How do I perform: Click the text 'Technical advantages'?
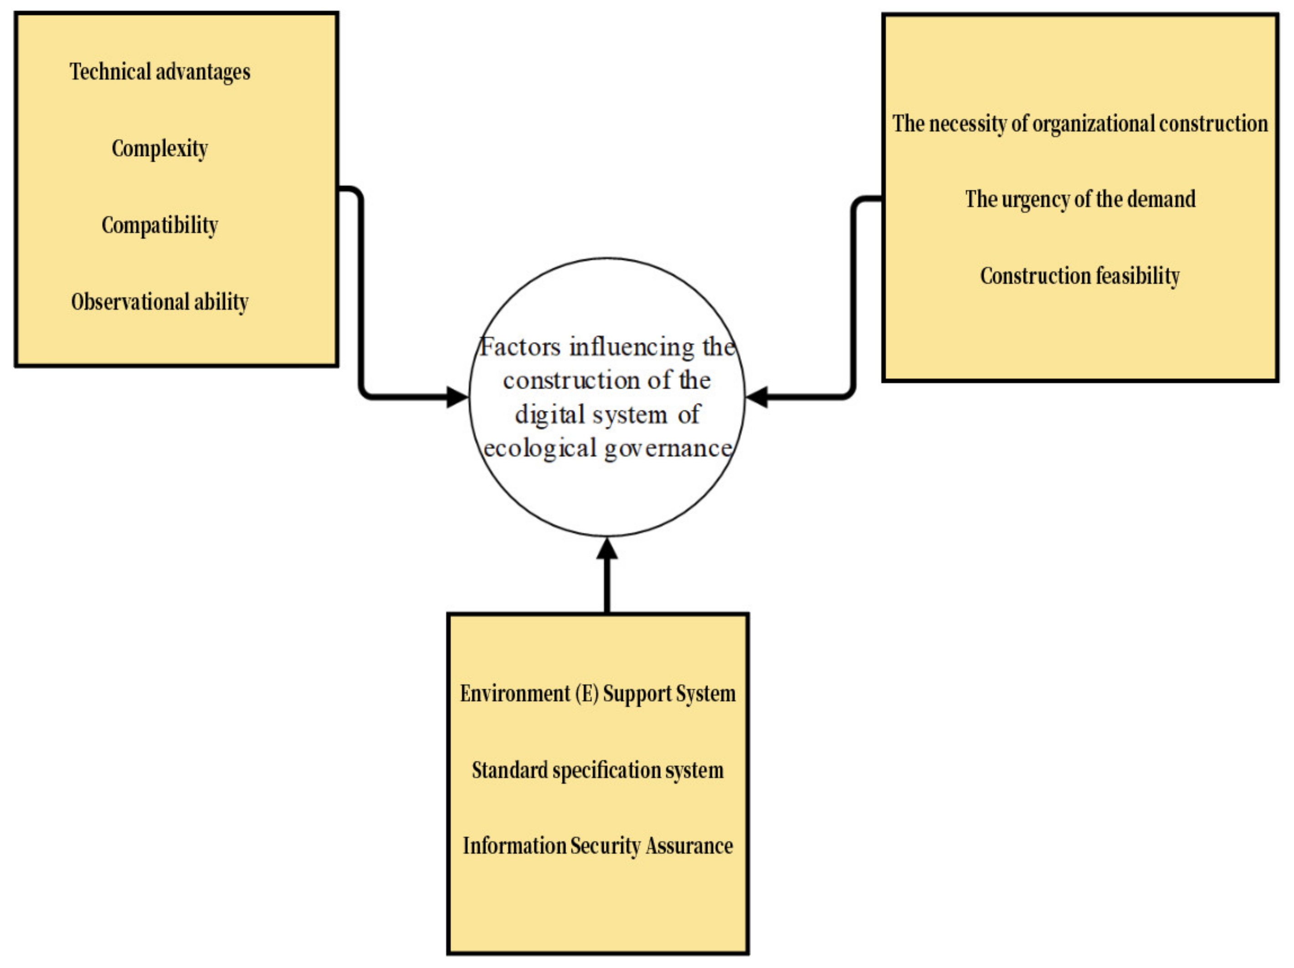click(160, 72)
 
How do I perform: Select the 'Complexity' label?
click(160, 148)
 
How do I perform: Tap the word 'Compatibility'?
click(160, 225)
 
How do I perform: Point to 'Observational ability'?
click(160, 301)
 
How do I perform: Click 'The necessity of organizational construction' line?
click(1080, 124)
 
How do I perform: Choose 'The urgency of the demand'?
click(1080, 199)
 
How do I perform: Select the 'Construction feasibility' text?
click(1080, 276)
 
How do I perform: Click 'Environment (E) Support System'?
click(597, 694)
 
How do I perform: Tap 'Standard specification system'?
click(597, 770)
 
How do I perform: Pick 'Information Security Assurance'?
click(597, 846)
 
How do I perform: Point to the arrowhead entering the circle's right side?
click(757, 397)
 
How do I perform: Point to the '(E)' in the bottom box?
click(586, 694)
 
